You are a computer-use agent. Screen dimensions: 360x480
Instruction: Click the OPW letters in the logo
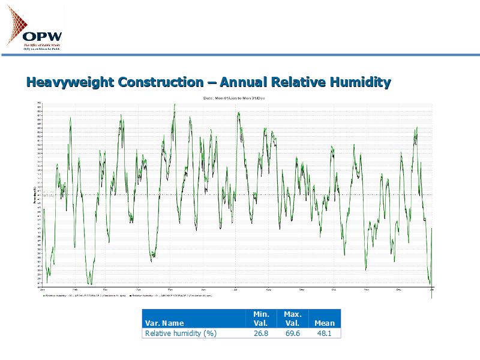pos(42,36)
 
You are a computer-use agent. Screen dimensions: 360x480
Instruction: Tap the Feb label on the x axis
pos(74,290)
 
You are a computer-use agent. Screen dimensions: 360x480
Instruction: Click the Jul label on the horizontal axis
pos(236,290)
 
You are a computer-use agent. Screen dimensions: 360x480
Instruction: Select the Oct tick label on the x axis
pos(333,290)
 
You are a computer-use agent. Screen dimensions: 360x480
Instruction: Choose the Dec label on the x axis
pos(398,290)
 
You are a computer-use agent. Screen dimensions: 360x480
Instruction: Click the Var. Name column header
pos(164,323)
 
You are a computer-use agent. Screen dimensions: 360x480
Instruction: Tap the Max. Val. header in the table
pos(292,319)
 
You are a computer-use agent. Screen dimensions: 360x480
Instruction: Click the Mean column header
pos(325,323)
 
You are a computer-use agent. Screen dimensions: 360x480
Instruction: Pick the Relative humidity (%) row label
pos(181,333)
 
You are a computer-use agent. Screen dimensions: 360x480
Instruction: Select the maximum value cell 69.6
pos(292,333)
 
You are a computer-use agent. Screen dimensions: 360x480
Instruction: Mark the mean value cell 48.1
pos(325,333)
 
